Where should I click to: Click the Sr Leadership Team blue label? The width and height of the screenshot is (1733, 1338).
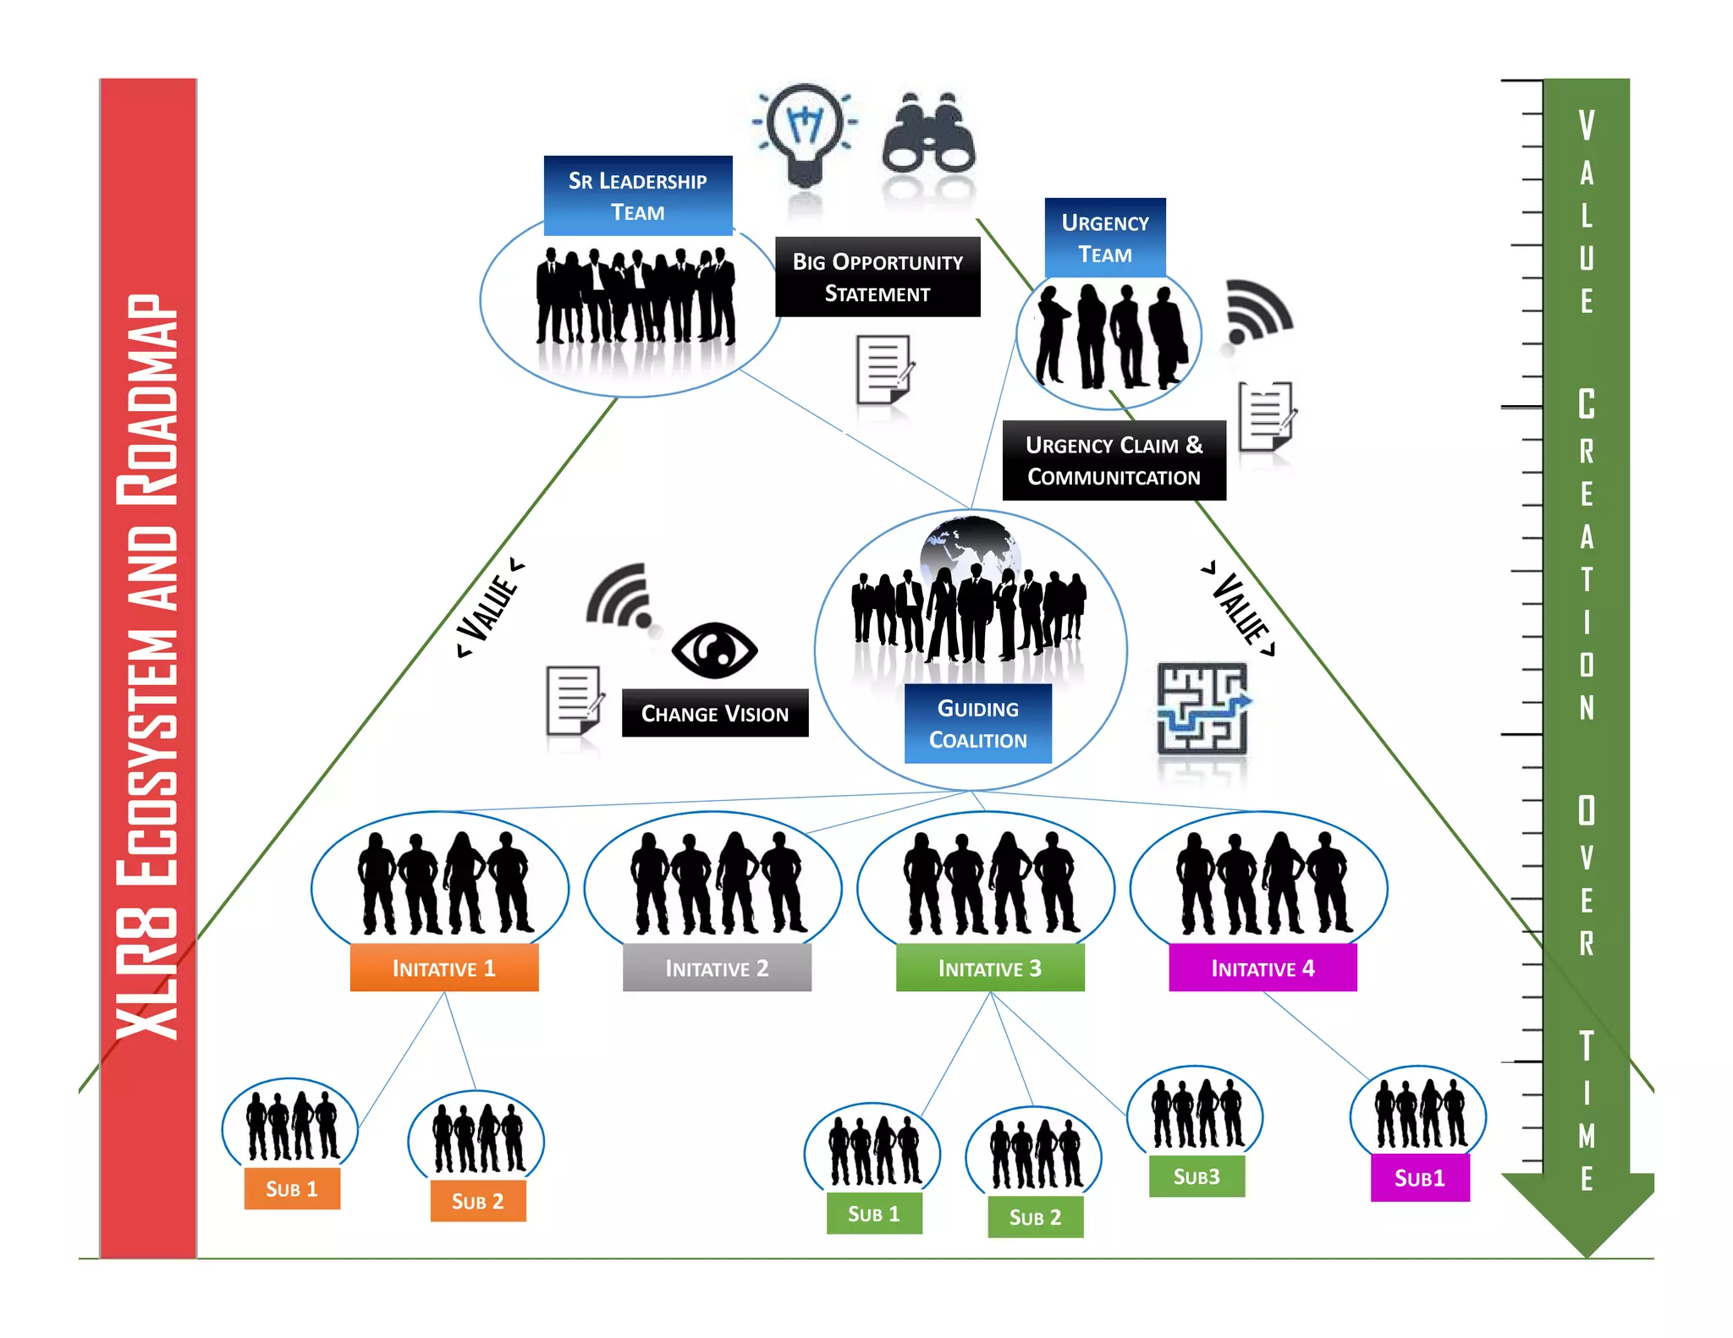point(637,195)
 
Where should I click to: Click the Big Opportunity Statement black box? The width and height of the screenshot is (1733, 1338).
point(878,277)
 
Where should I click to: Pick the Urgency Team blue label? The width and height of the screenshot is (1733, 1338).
point(1105,238)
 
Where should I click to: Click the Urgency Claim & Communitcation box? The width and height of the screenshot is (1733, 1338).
point(1114,460)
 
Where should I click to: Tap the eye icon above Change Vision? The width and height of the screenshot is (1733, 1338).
point(714,650)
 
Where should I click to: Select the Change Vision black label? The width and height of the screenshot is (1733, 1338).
point(714,713)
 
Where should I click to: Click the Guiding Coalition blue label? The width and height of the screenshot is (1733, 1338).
point(977,723)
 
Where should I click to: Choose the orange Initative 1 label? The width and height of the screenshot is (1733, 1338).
point(443,968)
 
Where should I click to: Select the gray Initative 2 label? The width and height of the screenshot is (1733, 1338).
point(717,968)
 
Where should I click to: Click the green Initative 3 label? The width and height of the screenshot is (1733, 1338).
point(989,968)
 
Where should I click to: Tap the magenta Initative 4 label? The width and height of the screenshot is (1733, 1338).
point(1263,968)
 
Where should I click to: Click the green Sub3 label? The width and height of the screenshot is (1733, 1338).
point(1197,1176)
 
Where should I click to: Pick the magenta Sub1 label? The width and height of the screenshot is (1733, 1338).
point(1419,1177)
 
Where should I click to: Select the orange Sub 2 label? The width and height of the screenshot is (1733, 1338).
point(477,1201)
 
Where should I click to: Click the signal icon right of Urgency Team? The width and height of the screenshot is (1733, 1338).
point(1258,311)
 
